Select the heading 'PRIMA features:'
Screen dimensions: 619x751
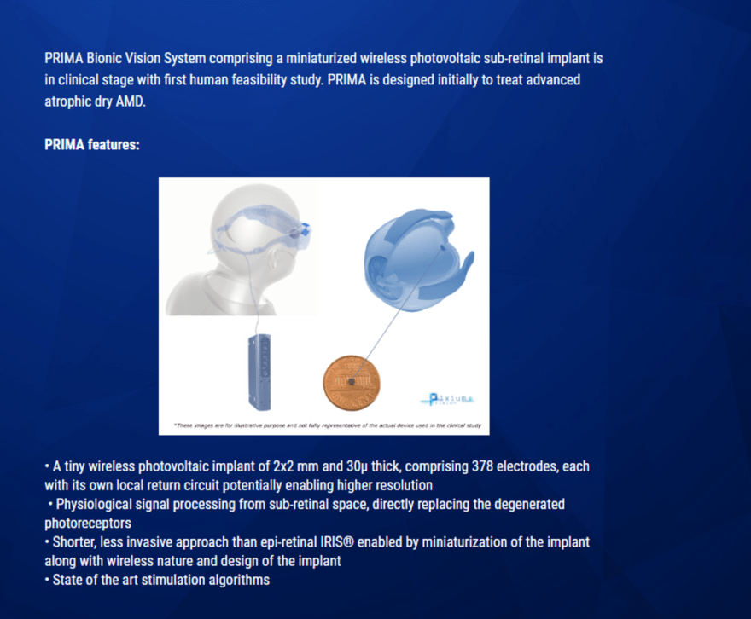click(x=91, y=145)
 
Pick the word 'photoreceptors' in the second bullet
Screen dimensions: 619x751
click(x=88, y=523)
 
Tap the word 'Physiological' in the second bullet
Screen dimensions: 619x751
click(x=95, y=504)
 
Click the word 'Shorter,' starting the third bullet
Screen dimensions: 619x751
click(x=74, y=542)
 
